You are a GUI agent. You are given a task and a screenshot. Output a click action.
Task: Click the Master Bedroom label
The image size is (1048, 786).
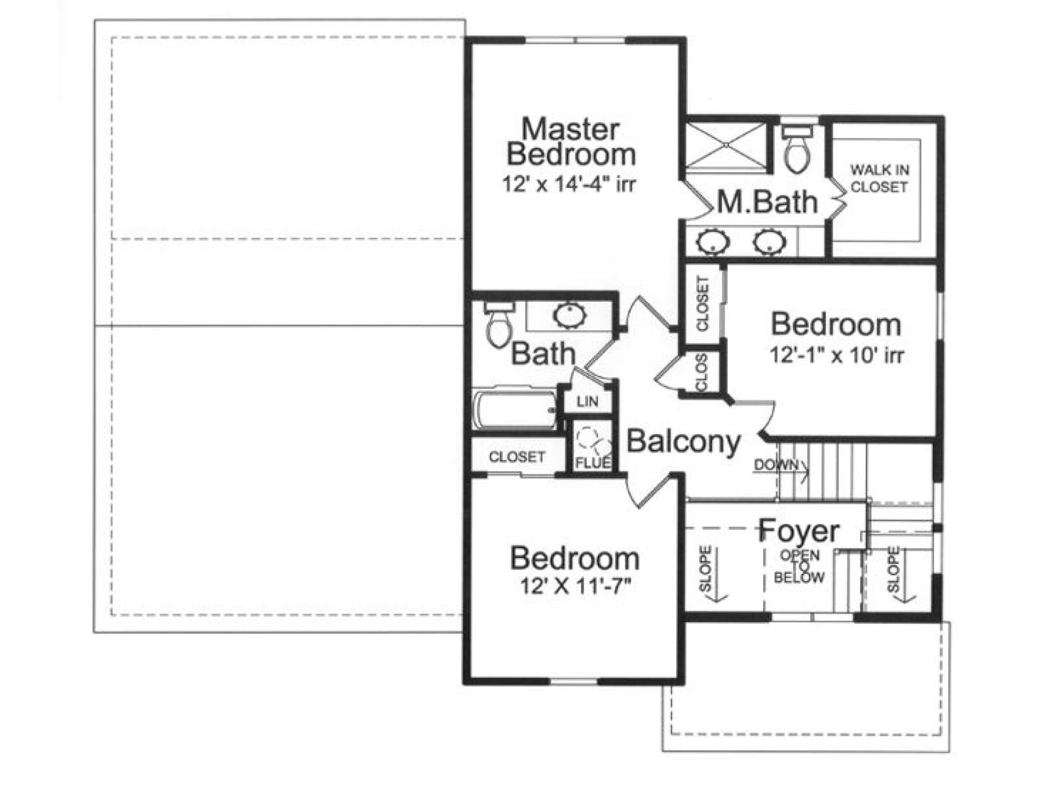571,141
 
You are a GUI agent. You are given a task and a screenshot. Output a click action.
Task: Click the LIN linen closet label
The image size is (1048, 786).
587,402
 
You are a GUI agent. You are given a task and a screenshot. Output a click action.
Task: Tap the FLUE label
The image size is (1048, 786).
593,462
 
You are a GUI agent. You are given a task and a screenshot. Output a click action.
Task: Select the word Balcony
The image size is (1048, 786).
683,442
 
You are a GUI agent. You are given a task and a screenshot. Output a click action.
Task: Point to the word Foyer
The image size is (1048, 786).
799,531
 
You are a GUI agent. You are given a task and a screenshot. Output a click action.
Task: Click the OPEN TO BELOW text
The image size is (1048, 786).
799,567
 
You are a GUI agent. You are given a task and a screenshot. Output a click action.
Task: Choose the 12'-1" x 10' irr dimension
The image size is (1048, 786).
837,355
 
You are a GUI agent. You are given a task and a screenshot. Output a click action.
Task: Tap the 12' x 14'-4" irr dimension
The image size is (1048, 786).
569,184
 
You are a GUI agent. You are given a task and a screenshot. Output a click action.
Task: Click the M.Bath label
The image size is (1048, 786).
768,202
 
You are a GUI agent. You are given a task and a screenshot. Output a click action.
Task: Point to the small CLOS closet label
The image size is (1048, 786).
702,372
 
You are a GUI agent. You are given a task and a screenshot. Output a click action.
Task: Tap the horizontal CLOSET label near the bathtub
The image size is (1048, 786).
517,457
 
